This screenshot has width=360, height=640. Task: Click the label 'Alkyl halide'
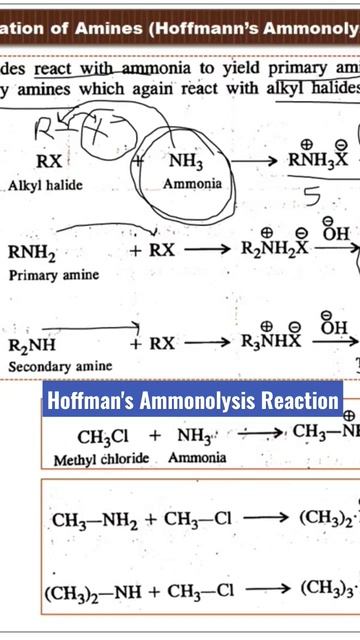pos(47,186)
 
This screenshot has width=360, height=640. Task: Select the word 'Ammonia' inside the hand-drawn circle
pos(194,185)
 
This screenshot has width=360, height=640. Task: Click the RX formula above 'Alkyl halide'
pos(49,161)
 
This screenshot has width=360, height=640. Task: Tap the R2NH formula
pos(32,346)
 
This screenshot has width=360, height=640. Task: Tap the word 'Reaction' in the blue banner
pos(299,402)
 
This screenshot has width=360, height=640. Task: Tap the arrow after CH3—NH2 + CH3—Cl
pos(267,519)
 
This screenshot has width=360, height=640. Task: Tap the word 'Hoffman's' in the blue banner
pos(96,402)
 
